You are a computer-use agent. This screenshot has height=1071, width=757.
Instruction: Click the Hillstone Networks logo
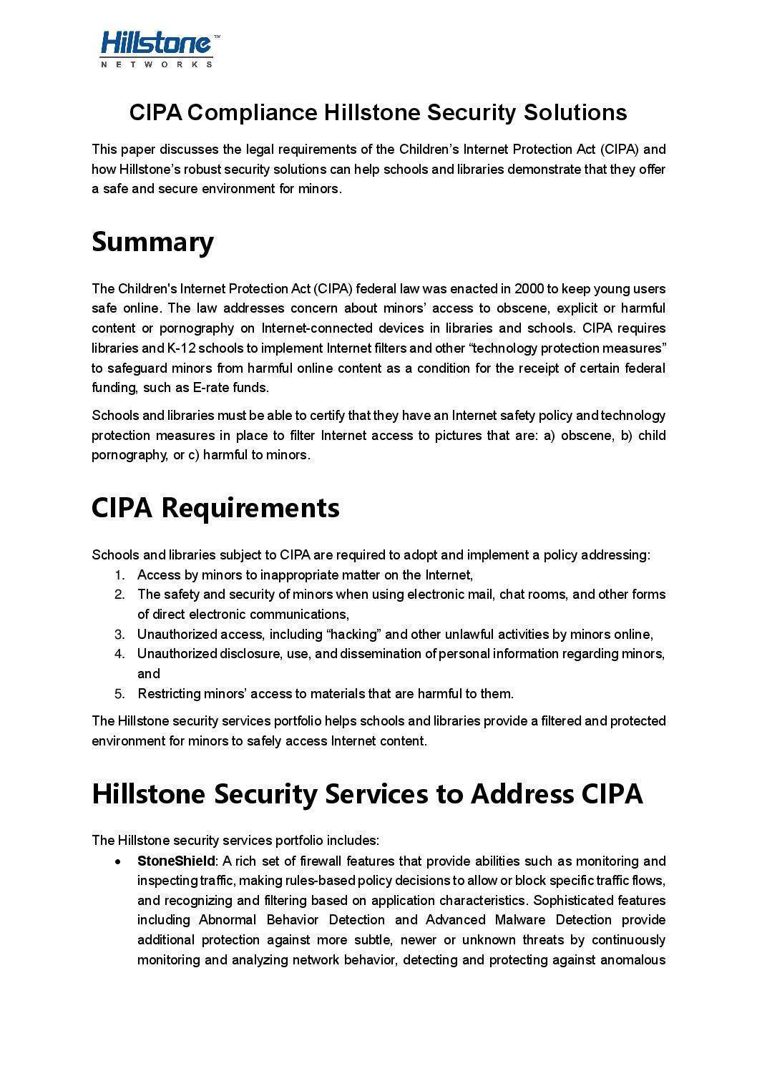[159, 48]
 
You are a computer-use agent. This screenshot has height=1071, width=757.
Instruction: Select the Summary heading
[152, 242]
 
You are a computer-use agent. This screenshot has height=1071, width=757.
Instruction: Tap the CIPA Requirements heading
[215, 507]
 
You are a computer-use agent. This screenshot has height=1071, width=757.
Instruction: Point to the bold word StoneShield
[175, 861]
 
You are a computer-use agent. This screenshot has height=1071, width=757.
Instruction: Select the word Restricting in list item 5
[169, 693]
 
